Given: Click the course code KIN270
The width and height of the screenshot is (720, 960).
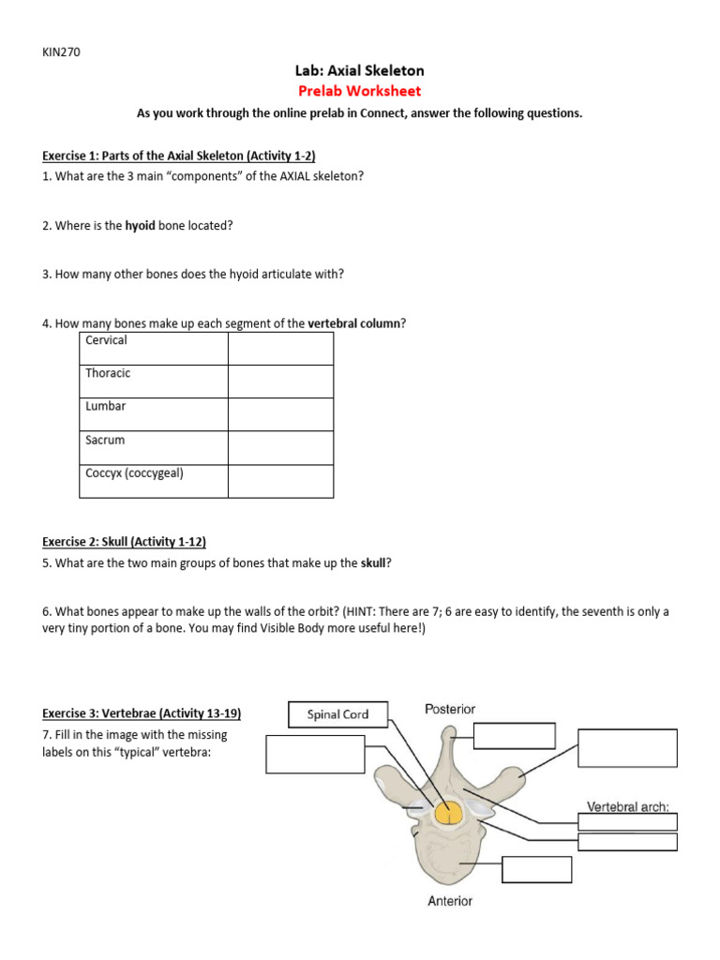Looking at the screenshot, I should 61,52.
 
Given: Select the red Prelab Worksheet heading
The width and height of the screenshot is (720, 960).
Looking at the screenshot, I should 360,91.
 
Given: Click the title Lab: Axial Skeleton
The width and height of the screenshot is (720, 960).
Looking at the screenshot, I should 360,70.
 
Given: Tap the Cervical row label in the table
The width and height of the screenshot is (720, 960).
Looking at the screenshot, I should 106,340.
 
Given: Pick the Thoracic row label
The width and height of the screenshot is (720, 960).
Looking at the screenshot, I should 108,373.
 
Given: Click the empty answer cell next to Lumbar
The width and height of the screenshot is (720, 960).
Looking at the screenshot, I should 280,414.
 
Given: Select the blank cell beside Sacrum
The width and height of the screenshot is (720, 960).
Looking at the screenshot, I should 280,447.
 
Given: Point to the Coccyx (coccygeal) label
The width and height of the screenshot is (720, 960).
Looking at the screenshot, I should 134,473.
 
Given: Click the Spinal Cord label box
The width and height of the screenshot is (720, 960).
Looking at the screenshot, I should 337,714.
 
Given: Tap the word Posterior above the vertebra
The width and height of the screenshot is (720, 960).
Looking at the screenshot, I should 450,710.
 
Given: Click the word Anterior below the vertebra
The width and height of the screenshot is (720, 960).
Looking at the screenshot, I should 450,901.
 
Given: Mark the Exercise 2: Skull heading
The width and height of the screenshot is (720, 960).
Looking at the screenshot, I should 124,542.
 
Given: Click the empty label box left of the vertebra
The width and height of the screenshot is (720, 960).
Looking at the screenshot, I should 315,755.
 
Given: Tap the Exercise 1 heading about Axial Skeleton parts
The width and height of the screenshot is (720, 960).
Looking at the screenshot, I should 184,156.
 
